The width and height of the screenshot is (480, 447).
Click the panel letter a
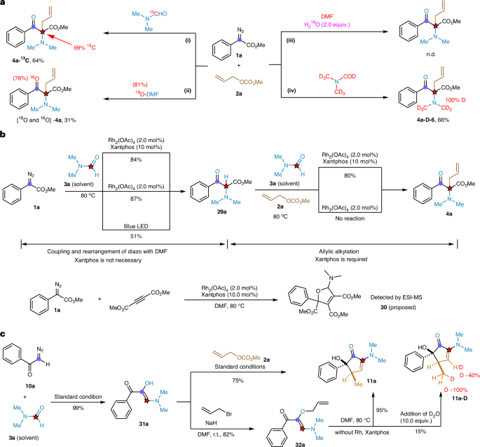[x=4, y=5]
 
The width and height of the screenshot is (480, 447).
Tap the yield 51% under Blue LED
[x=148, y=235]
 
